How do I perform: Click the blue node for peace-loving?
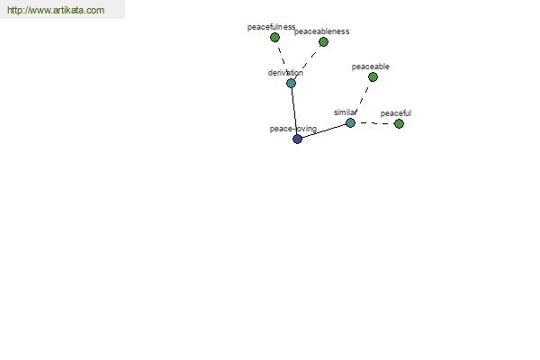point(297,139)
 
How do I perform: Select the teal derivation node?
point(291,83)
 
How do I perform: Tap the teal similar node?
point(350,122)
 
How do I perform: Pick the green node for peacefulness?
point(274,37)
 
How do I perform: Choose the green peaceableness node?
point(323,41)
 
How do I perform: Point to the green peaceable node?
point(373,76)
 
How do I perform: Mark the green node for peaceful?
point(399,123)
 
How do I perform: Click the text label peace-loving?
point(293,129)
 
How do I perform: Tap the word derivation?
point(285,73)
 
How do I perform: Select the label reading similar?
point(345,112)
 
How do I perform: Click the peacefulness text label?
point(271,27)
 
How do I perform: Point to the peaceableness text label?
point(321,31)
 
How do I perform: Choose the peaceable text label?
point(370,67)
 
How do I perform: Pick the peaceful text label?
point(396,113)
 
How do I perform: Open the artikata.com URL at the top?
point(56,10)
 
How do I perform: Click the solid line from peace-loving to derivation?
point(294,111)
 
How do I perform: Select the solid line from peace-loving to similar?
point(324,130)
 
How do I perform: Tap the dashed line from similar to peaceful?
point(374,123)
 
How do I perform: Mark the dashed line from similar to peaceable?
point(362,100)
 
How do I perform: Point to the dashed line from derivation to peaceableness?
point(307,62)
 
